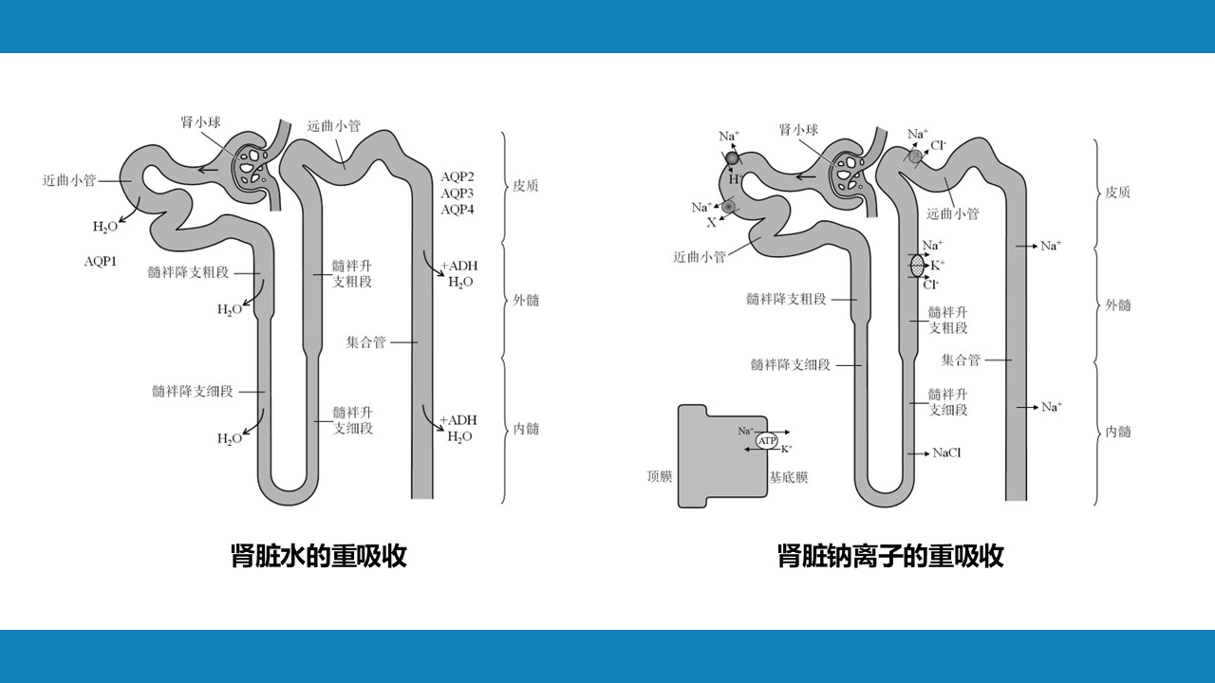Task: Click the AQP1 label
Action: (x=100, y=259)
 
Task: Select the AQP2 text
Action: (x=458, y=177)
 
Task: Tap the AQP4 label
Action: (x=458, y=210)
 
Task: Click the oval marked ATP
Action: (x=767, y=440)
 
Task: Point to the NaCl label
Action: (x=946, y=453)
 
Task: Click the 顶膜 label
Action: (x=660, y=476)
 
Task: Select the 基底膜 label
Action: (x=789, y=477)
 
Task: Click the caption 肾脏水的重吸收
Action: (x=319, y=555)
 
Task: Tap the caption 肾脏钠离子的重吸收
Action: (x=890, y=555)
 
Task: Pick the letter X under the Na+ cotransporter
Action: (x=711, y=223)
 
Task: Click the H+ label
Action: (x=734, y=179)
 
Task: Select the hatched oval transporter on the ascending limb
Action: (x=917, y=266)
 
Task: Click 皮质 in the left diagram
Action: (x=526, y=186)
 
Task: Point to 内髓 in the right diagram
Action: (x=1118, y=432)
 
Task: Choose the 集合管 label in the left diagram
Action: (x=366, y=342)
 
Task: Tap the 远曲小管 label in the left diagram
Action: (x=334, y=125)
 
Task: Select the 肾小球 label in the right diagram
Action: (x=798, y=130)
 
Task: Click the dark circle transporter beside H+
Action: (x=732, y=158)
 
